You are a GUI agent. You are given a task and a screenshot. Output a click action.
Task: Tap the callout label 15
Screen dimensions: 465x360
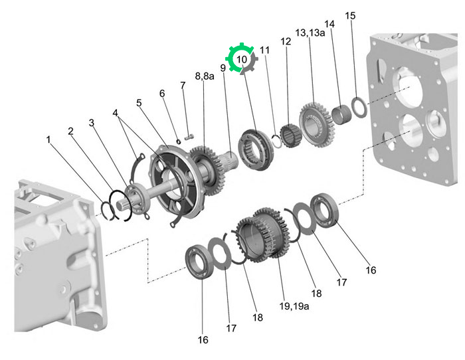(350, 16)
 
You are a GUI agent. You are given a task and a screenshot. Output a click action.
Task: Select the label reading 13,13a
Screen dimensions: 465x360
(310, 33)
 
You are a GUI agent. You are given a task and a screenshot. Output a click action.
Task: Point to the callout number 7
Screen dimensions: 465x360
(183, 86)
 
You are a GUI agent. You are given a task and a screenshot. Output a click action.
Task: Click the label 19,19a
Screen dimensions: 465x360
(294, 306)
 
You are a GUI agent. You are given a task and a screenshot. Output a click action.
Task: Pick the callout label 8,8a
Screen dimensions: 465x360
(205, 76)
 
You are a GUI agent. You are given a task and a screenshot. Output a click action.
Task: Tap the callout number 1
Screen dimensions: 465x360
(48, 139)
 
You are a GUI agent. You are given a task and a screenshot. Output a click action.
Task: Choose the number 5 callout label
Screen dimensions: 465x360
(139, 103)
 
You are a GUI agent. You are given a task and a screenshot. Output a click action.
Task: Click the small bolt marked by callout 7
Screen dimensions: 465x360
(189, 137)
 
